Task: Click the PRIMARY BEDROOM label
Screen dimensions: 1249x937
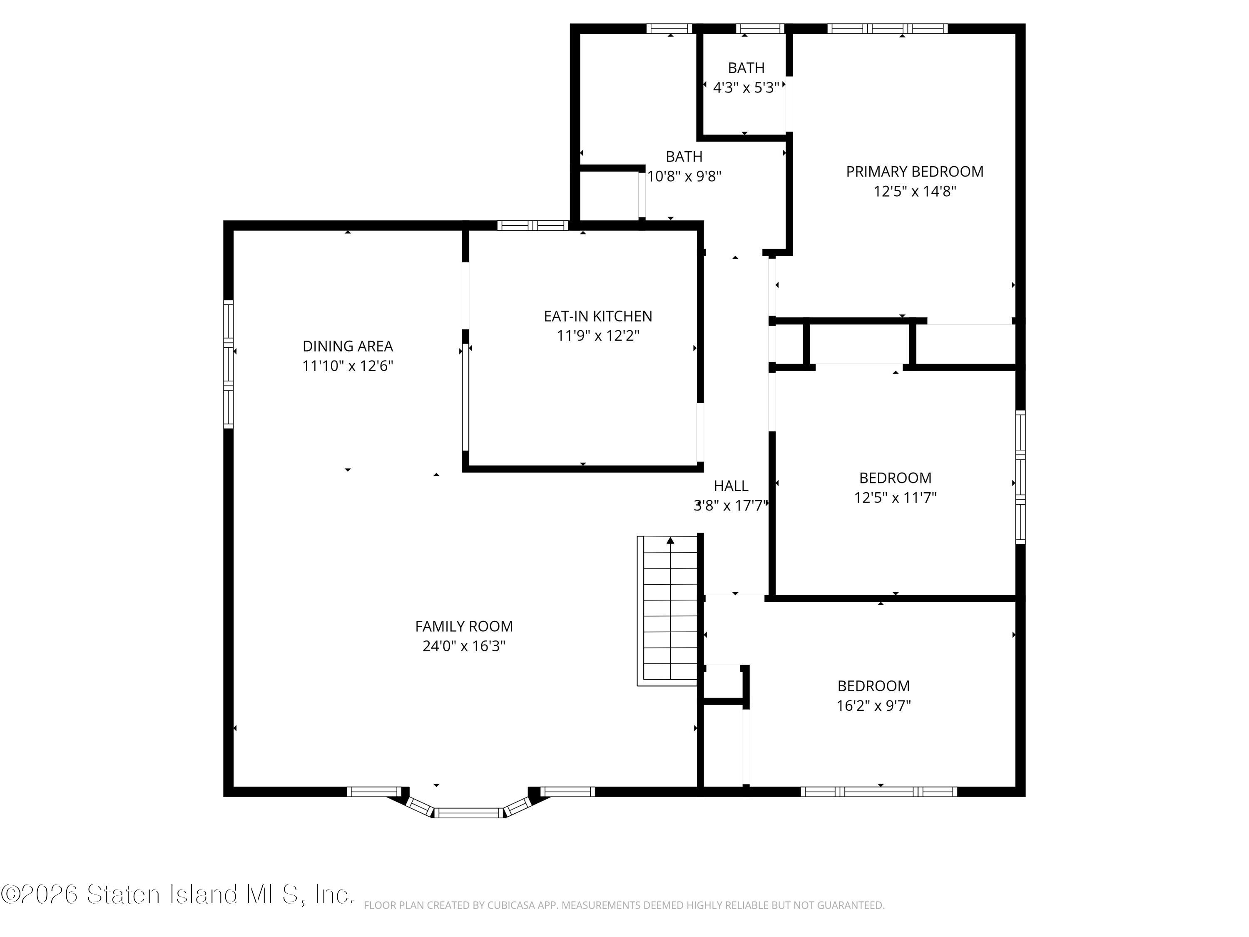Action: (x=914, y=172)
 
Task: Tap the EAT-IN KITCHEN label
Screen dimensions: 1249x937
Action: (x=598, y=316)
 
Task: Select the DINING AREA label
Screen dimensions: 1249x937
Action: (x=348, y=346)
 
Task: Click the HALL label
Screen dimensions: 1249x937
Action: (x=731, y=486)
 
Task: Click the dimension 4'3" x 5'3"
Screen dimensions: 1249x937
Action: (x=746, y=87)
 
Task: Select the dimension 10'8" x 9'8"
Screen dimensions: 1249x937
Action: (x=684, y=176)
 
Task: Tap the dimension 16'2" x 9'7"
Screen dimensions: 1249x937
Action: (x=873, y=706)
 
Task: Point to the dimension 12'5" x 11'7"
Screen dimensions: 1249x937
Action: (x=896, y=498)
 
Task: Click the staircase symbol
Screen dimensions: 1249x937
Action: (x=668, y=611)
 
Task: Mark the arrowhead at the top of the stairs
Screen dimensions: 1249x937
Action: (x=670, y=541)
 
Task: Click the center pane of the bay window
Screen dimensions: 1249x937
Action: (x=469, y=813)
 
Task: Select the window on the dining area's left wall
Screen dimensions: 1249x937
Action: (x=228, y=364)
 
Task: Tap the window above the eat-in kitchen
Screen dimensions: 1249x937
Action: (x=533, y=225)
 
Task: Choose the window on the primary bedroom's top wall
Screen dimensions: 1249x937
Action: (x=888, y=29)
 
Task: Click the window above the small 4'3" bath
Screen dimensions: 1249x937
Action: (x=760, y=29)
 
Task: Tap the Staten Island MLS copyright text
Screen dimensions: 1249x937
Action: (x=177, y=894)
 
